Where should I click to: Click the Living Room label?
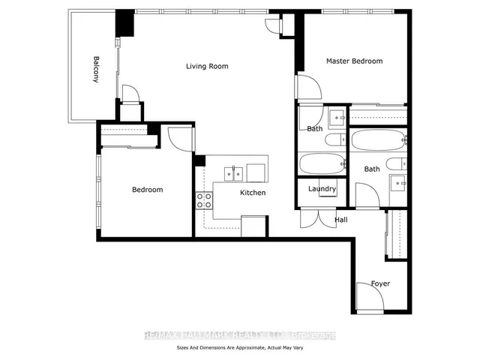[x=207, y=66]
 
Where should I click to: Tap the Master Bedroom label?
[x=354, y=61]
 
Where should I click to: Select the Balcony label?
[x=96, y=69]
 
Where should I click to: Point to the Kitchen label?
[x=253, y=193]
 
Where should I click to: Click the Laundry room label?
[x=322, y=189]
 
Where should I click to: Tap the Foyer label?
[x=380, y=283]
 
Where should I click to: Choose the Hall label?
[x=341, y=220]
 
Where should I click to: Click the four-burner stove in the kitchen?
[x=204, y=200]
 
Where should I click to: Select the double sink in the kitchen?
[x=233, y=174]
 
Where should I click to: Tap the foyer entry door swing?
[x=370, y=298]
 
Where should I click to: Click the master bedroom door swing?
[x=309, y=87]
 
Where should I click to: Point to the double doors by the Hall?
[x=318, y=218]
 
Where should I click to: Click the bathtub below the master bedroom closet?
[x=379, y=140]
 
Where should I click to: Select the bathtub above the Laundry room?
[x=322, y=163]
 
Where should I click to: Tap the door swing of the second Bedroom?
[x=181, y=139]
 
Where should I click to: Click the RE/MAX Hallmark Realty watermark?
[x=240, y=335]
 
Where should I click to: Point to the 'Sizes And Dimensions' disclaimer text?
[x=240, y=348]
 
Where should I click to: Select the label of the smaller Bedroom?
[x=147, y=190]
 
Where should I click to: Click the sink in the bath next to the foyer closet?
[x=398, y=183]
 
